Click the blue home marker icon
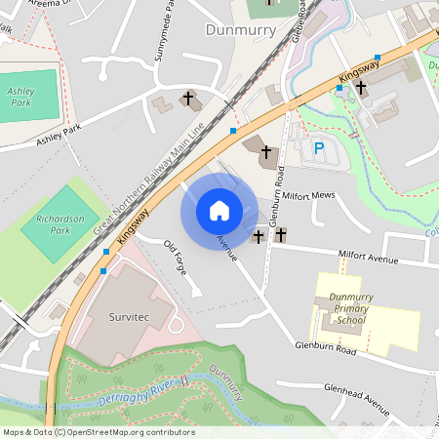pyautogui.click(x=219, y=211)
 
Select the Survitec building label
pyautogui.click(x=128, y=317)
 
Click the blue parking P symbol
pyautogui.click(x=318, y=148)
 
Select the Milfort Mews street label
pyautogui.click(x=309, y=195)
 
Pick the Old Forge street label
pyautogui.click(x=175, y=256)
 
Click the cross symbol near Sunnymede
pyautogui.click(x=188, y=98)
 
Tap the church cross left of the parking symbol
pyautogui.click(x=265, y=150)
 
